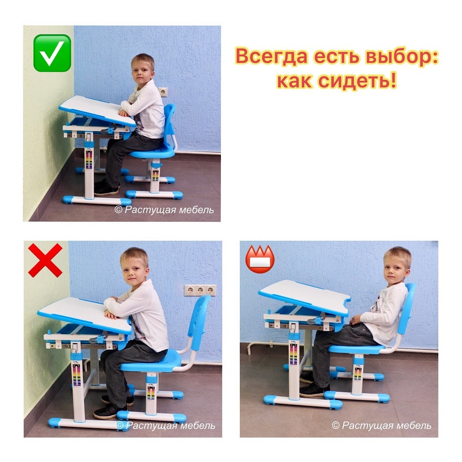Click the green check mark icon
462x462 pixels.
tap(52, 53)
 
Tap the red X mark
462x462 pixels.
tap(45, 260)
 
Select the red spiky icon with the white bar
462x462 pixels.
tap(260, 259)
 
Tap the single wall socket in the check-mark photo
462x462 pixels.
tap(163, 92)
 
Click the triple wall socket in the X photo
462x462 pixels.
tap(200, 290)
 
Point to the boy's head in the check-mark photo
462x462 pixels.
tap(143, 69)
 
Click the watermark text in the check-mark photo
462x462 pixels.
tap(164, 210)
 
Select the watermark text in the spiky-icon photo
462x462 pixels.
tap(381, 426)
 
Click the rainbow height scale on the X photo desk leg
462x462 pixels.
tap(77, 375)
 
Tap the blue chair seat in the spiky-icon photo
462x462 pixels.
tap(357, 349)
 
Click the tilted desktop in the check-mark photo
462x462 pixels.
tap(97, 110)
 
